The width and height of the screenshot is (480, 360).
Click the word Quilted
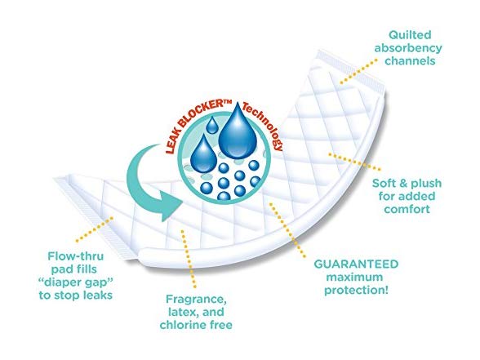click(x=410, y=35)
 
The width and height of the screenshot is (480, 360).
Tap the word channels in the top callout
click(x=410, y=61)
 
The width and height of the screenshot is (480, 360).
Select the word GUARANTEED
click(x=356, y=264)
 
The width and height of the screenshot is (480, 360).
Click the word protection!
click(x=356, y=291)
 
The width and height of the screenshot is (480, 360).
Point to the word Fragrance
click(x=196, y=300)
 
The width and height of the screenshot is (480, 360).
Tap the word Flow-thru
click(x=76, y=256)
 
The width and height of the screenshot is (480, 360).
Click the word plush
click(x=426, y=184)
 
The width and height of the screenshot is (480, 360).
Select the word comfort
click(x=407, y=209)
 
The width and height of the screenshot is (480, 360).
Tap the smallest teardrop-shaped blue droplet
click(x=212, y=125)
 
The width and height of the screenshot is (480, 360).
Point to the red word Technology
click(x=264, y=125)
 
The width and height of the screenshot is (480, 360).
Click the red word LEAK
click(x=171, y=140)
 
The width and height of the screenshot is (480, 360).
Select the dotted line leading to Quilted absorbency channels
click(x=358, y=72)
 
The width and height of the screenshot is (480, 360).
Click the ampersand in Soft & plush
click(x=403, y=184)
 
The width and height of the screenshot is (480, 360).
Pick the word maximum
click(x=354, y=277)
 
